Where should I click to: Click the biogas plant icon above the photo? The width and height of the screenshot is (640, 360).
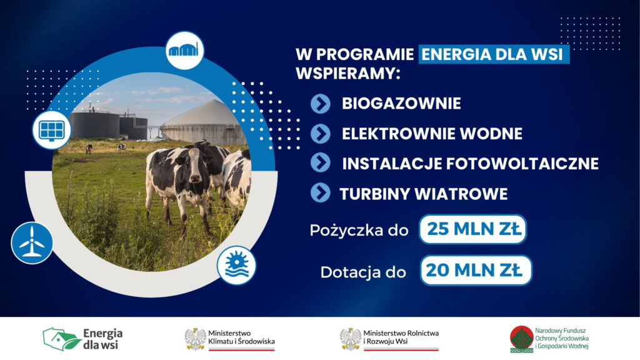click(x=185, y=50)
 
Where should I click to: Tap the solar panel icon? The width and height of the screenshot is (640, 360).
click(x=51, y=129)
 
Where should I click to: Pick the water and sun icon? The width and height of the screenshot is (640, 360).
click(x=237, y=264)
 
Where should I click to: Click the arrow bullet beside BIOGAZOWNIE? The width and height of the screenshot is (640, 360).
click(x=321, y=104)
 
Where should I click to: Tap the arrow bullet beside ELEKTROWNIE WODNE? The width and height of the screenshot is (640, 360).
click(x=321, y=134)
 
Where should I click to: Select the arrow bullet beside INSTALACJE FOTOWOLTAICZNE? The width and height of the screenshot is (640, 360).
click(x=321, y=163)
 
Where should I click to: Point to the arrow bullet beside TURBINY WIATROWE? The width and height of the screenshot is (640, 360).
click(x=321, y=192)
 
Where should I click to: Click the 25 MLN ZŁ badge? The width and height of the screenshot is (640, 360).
click(x=473, y=229)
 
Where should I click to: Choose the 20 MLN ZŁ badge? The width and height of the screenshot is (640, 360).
click(x=476, y=271)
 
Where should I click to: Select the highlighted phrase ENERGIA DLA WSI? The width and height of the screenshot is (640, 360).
click(x=494, y=54)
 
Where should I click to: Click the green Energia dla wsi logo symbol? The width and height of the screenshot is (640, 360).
click(x=61, y=339)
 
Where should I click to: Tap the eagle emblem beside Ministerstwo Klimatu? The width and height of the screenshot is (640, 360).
click(x=195, y=339)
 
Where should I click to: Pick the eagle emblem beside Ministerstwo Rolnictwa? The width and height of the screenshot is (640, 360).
click(x=350, y=339)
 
